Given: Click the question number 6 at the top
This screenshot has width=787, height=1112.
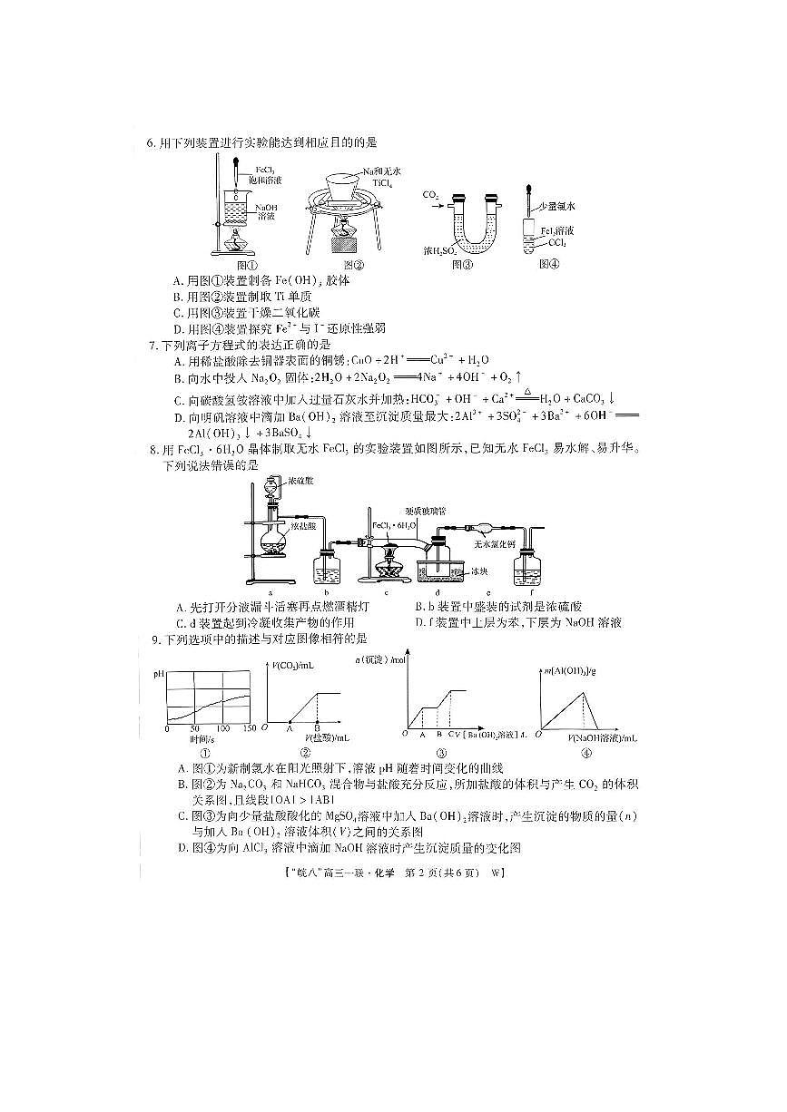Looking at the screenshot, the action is pyautogui.click(x=151, y=142).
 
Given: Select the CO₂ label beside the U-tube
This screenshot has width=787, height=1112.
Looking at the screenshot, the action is pyautogui.click(x=430, y=194).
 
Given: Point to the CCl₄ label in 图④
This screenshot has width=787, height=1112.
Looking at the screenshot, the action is pyautogui.click(x=556, y=243).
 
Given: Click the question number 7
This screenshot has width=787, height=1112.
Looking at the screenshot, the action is pyautogui.click(x=152, y=346).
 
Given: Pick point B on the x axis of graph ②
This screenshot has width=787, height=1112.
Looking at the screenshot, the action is pyautogui.click(x=317, y=727).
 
